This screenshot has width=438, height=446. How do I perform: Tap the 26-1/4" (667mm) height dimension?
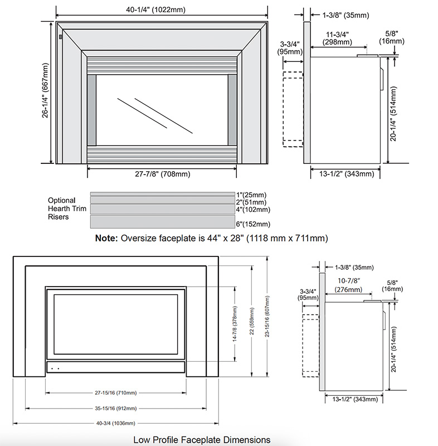click(46, 92)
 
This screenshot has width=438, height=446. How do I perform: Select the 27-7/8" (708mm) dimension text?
click(163, 174)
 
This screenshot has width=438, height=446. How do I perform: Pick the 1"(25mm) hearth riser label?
click(251, 194)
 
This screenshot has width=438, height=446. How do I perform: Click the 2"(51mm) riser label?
click(251, 201)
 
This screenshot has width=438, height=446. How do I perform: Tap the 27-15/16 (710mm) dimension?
click(115, 393)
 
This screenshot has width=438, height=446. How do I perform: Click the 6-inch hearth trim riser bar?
click(162, 221)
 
